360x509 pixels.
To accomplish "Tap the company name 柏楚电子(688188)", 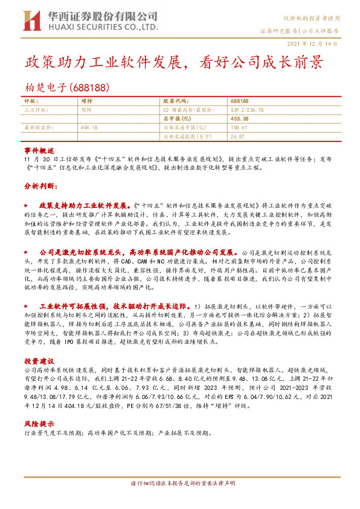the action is pyautogui.click(x=66, y=87).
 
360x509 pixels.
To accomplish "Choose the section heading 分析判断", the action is pyautogui.click(x=39, y=186).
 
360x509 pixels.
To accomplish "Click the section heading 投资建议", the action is pyautogui.click(x=39, y=361).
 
